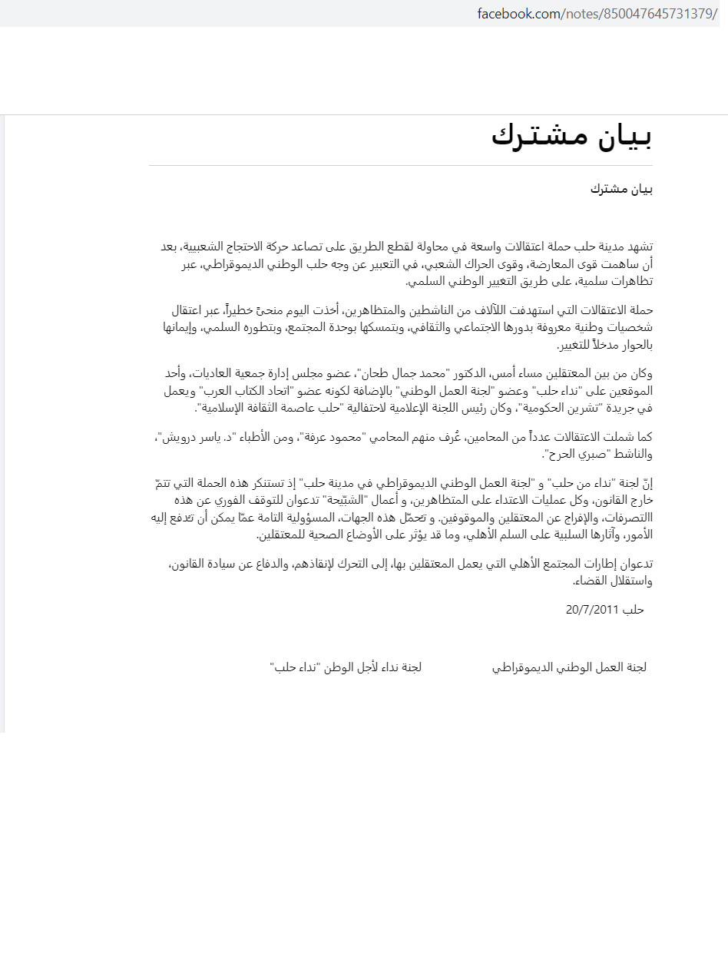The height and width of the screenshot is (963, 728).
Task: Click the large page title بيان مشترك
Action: point(571,137)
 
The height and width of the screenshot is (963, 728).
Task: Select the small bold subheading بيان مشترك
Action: point(621,189)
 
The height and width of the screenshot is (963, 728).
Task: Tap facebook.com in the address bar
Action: point(518,14)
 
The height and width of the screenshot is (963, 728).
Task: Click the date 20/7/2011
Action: point(591,610)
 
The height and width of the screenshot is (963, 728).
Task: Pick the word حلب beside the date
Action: point(634,610)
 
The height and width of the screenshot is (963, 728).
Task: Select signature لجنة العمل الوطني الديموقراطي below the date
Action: point(569,667)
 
